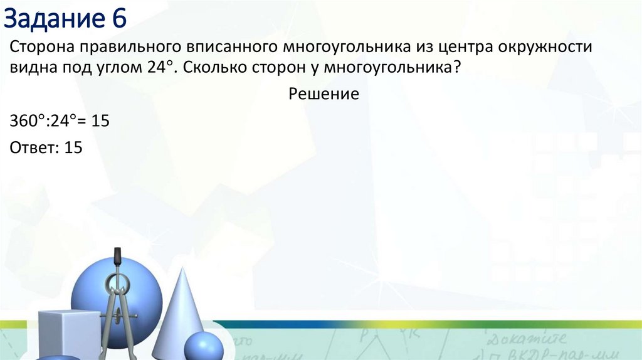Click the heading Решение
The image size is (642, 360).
[x=324, y=94]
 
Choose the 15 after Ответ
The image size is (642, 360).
[x=73, y=148]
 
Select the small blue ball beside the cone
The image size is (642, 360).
[x=203, y=346]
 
